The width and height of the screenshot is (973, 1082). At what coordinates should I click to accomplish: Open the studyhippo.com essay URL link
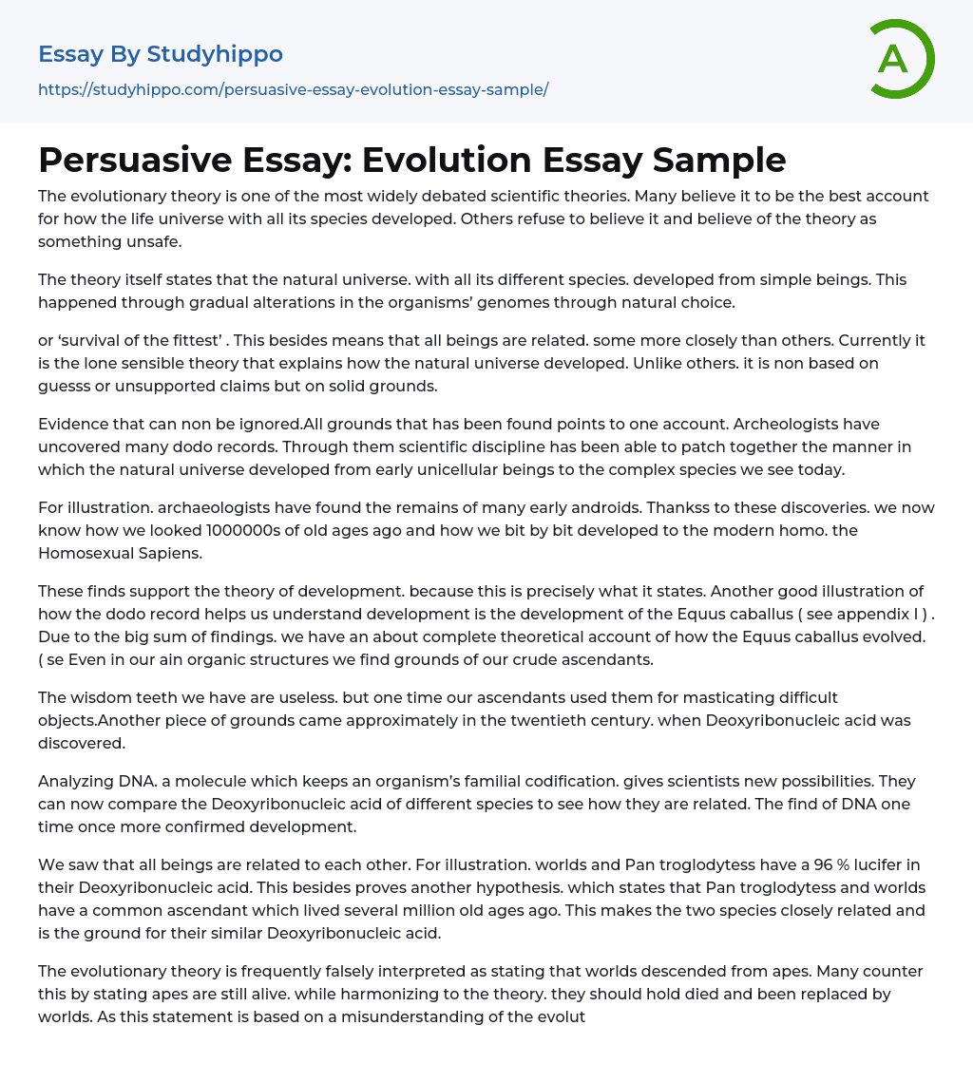[293, 90]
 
